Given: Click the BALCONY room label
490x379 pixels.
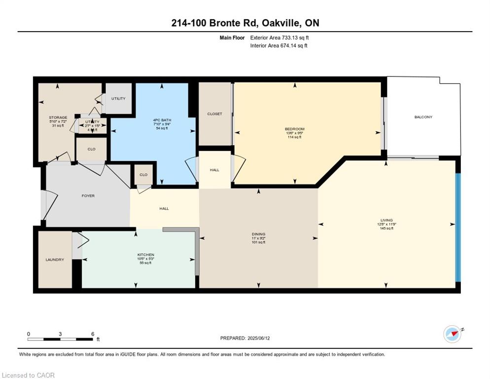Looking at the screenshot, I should [x=423, y=117].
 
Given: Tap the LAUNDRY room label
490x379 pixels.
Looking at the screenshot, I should [x=55, y=260].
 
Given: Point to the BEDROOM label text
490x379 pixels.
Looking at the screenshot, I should [x=295, y=128].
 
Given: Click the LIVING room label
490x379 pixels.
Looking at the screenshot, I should [x=386, y=220].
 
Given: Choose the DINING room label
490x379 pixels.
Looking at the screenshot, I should [x=258, y=234].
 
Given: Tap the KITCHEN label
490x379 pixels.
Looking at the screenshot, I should [x=145, y=255].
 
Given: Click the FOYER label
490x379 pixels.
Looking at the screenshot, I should [x=88, y=196].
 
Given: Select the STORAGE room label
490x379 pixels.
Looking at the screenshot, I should [x=58, y=117].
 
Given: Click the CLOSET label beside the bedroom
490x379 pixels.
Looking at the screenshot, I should [x=214, y=114].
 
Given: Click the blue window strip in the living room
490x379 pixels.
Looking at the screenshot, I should [x=457, y=227].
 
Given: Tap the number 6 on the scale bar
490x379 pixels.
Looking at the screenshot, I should [x=93, y=334].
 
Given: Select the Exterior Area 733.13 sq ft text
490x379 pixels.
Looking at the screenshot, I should [x=280, y=38].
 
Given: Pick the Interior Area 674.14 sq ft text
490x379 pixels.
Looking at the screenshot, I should [x=279, y=46].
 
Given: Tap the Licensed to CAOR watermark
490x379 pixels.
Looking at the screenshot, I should [x=29, y=375].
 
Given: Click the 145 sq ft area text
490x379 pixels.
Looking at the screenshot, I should [x=386, y=228].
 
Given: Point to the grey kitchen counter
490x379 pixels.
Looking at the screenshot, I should [x=197, y=249].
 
